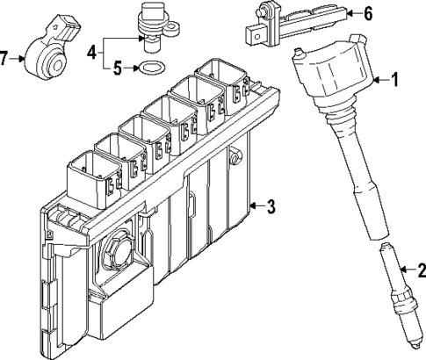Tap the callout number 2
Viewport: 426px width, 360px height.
[x=420, y=270]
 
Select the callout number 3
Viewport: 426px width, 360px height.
[x=271, y=206]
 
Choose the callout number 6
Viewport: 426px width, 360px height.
[x=368, y=13]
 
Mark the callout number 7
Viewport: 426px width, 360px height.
[x=5, y=58]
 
